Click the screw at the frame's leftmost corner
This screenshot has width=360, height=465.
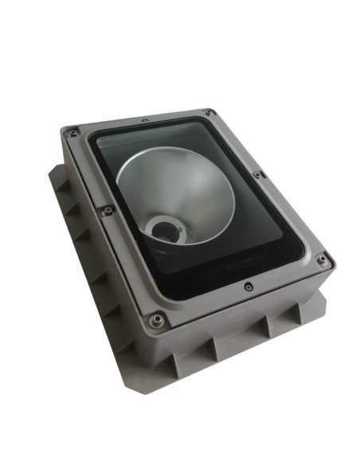tap(73, 133)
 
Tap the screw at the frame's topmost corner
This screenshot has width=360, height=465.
tap(208, 112)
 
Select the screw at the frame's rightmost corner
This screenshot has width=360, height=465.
tap(321, 260)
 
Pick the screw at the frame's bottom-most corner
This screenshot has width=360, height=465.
tap(156, 321)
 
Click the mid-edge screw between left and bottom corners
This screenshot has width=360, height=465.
tap(108, 210)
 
